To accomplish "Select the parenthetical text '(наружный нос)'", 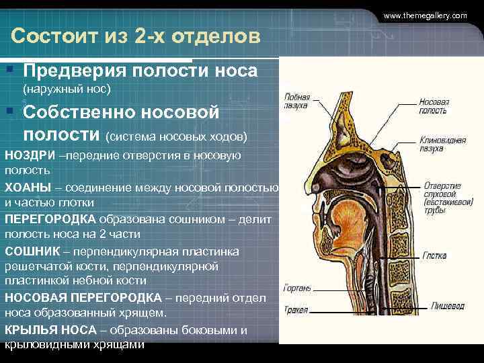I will [67, 88].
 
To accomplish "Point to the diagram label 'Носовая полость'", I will [434, 106].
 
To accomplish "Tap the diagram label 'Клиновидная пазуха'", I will [442, 145].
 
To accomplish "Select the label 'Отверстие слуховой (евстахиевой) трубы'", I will [442, 197].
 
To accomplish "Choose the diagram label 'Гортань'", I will [296, 288].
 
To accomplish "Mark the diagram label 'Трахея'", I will [296, 310].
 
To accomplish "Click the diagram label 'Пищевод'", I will [448, 306].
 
